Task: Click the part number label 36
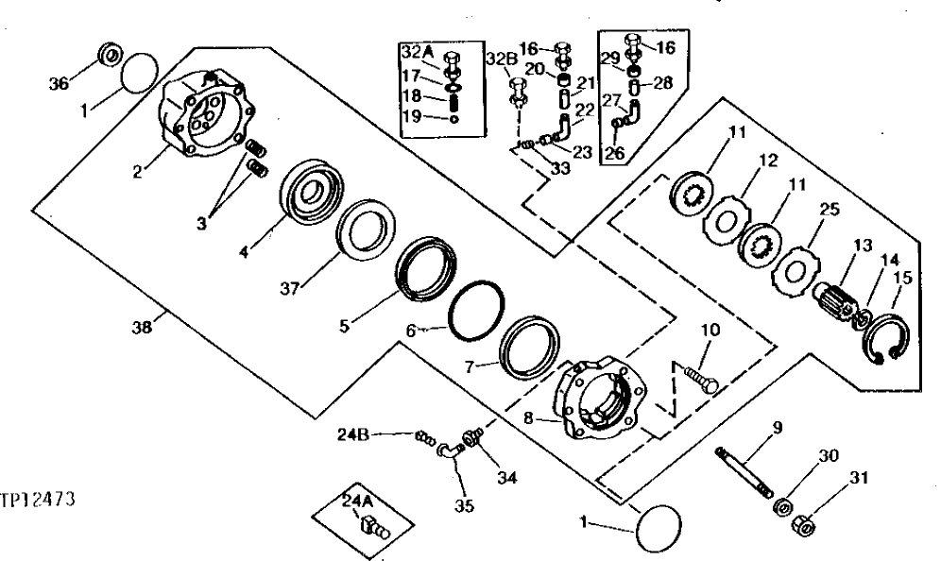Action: [59, 82]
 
